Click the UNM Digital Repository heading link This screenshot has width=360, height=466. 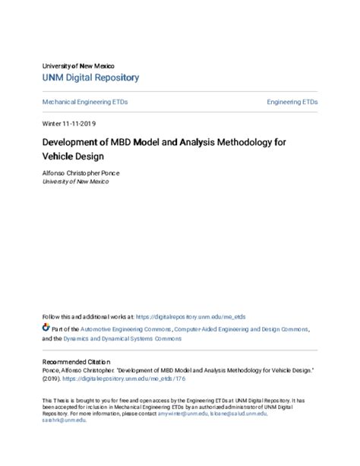tap(90, 78)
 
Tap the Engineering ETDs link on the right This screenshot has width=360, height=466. tap(292, 101)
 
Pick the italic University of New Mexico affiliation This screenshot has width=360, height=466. tap(78, 182)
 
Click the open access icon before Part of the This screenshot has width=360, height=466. tap(46, 329)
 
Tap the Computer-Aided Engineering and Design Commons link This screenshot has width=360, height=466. tap(242, 330)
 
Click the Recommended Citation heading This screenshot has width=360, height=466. tap(76, 362)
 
